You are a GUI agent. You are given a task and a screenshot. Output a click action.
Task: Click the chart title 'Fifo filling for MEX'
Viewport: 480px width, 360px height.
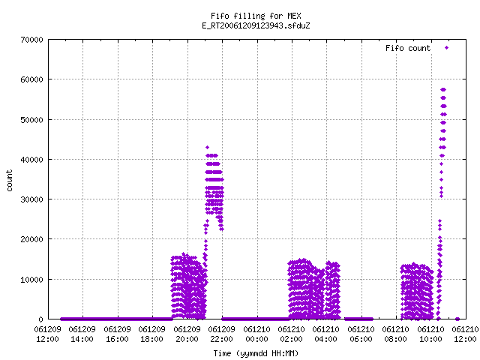(x=256, y=16)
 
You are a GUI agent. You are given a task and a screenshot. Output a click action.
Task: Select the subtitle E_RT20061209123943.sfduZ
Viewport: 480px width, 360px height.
(x=256, y=25)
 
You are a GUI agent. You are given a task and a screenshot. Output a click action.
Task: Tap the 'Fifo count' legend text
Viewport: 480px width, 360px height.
(x=408, y=48)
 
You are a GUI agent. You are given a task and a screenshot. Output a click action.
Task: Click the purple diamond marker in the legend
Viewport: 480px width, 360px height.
(x=447, y=48)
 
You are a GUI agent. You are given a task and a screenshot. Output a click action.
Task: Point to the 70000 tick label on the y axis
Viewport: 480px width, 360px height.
(x=31, y=40)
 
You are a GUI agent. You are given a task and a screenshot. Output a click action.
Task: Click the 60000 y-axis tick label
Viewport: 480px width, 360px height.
(x=31, y=79)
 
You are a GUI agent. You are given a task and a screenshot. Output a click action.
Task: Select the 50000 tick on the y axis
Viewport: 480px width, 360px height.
(x=31, y=120)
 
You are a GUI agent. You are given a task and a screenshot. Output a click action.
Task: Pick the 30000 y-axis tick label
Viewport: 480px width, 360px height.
(x=31, y=199)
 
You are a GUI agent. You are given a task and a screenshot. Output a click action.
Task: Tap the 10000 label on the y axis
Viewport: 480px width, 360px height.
(x=31, y=280)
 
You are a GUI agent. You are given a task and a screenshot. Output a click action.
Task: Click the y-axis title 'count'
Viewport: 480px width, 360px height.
(x=9, y=181)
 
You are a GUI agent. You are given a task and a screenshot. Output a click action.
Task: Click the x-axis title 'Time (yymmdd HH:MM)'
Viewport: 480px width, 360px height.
(x=256, y=353)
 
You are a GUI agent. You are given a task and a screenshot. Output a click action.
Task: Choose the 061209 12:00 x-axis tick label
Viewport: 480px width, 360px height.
(x=48, y=334)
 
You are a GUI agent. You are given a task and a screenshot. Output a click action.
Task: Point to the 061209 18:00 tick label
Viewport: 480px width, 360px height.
(x=151, y=334)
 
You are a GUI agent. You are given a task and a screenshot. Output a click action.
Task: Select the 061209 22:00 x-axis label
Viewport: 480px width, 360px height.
(x=222, y=334)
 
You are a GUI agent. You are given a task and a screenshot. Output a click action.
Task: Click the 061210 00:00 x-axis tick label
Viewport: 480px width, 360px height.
(x=256, y=334)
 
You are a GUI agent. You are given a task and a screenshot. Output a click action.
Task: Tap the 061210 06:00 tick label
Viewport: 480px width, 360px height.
(x=361, y=334)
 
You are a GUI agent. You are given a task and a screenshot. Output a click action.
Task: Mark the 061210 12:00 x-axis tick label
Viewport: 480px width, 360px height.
(x=465, y=334)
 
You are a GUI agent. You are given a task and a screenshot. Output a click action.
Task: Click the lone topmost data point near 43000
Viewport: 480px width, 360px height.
(x=207, y=148)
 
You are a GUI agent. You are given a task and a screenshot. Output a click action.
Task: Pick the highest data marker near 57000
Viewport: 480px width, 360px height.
(x=443, y=90)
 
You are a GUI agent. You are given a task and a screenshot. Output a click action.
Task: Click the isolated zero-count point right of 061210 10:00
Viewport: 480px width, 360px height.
(x=457, y=319)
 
